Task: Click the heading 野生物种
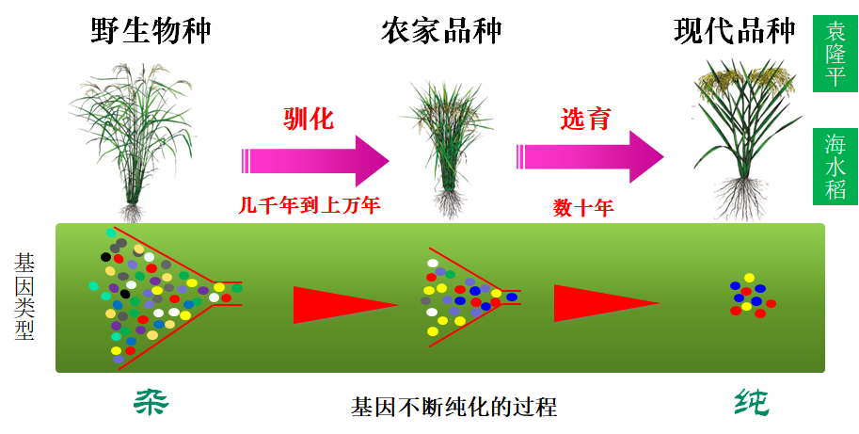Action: [x=151, y=30]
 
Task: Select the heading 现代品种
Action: [x=734, y=30]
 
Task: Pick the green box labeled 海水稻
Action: [x=835, y=167]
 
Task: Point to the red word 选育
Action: [x=585, y=119]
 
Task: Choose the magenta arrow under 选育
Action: [x=590, y=156]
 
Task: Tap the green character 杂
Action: [x=149, y=403]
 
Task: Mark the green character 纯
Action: [x=751, y=403]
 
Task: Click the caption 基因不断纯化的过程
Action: [x=453, y=408]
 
